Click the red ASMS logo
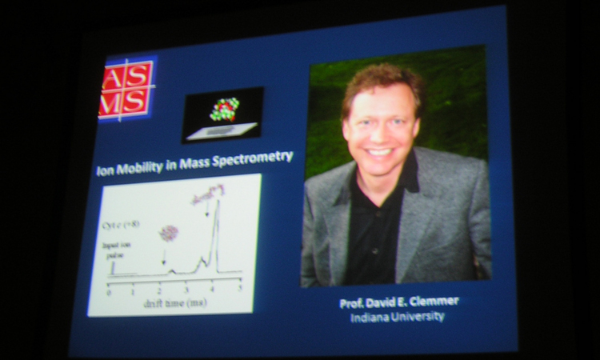coord(126,90)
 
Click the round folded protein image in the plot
coord(167,233)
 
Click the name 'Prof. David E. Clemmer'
coord(398,303)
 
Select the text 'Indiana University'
coord(398,318)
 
